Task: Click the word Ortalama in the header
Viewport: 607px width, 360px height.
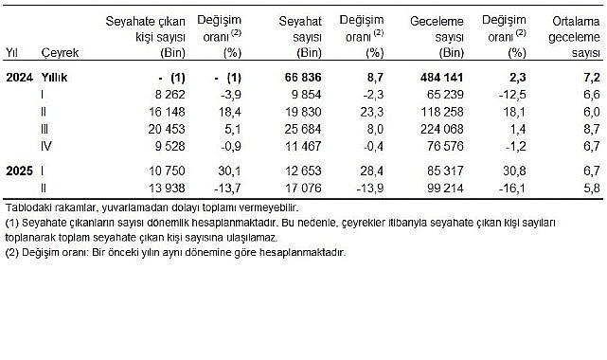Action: (x=574, y=19)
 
